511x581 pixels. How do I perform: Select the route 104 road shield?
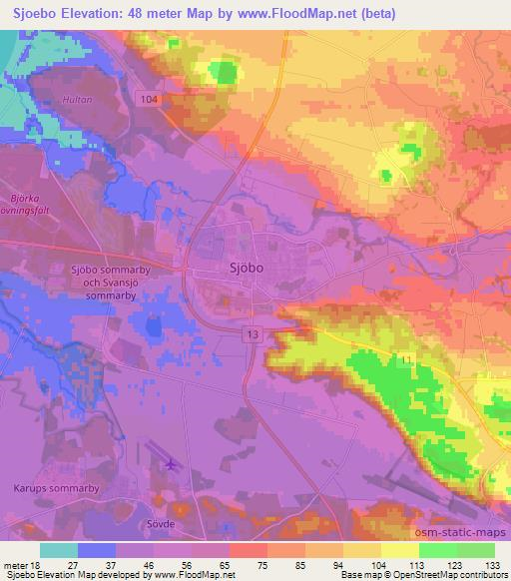[150, 99]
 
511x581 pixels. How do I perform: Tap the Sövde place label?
[159, 523]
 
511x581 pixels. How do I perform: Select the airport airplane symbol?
[170, 464]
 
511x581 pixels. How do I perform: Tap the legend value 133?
[492, 564]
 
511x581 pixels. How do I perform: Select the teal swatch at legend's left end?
[59, 550]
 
